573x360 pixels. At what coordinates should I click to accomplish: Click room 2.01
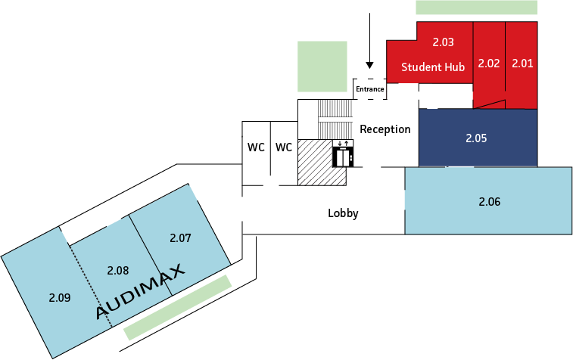(522, 64)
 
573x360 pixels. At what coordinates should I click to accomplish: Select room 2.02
(489, 64)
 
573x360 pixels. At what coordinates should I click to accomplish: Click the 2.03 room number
(443, 41)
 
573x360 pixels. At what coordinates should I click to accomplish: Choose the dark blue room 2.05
(477, 138)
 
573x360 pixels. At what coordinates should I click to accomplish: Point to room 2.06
(490, 202)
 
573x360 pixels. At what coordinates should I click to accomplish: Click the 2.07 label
(180, 238)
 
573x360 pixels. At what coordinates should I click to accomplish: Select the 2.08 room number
(119, 270)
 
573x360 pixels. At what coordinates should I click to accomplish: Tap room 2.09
(59, 297)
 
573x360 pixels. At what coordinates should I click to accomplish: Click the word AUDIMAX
(141, 291)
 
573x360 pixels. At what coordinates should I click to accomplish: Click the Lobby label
(343, 213)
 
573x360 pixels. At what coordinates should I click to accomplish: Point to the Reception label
(385, 129)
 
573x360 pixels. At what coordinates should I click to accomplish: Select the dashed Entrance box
(370, 88)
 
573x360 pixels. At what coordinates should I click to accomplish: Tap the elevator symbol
(343, 154)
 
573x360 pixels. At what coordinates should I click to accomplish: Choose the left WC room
(256, 147)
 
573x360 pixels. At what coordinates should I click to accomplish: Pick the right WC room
(284, 147)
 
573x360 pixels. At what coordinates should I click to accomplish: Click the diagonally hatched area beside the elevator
(314, 161)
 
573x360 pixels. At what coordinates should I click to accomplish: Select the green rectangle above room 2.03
(476, 8)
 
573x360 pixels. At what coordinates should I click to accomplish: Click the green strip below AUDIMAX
(177, 306)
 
